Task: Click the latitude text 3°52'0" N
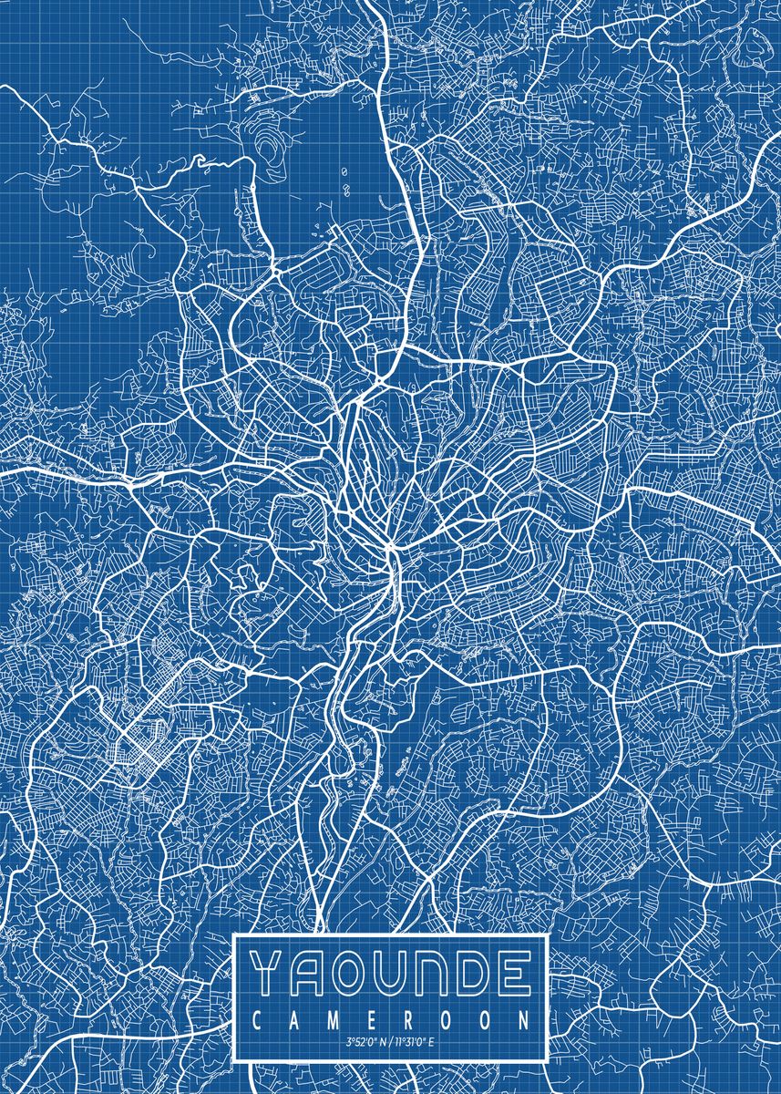point(364,1042)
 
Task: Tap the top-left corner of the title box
point(236,936)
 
